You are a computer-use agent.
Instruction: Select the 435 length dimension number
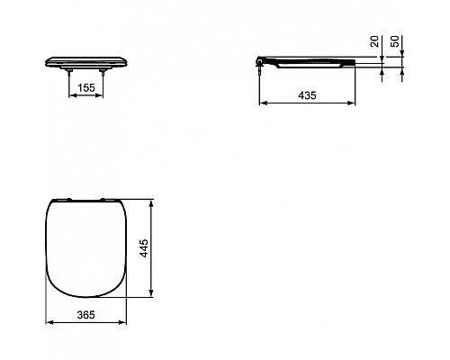[x=307, y=94]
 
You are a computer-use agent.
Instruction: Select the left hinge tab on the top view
[x=68, y=198]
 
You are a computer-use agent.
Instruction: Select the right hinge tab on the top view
[x=107, y=198]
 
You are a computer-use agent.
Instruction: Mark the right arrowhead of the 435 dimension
[x=354, y=103]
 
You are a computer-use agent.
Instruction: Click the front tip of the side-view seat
[x=355, y=60]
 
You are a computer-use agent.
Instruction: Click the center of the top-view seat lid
[x=87, y=247]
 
